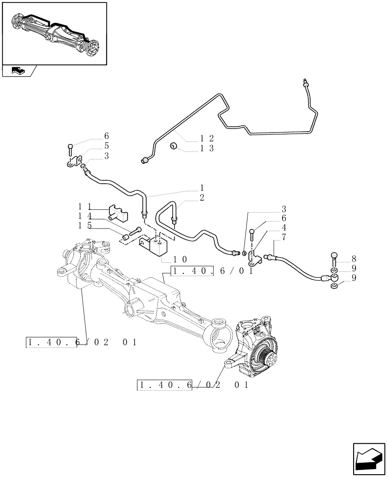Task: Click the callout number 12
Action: click(206, 138)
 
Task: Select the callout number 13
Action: click(206, 148)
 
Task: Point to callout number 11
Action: click(85, 207)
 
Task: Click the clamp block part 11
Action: click(118, 212)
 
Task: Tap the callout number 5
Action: click(107, 145)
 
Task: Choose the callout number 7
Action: click(284, 237)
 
